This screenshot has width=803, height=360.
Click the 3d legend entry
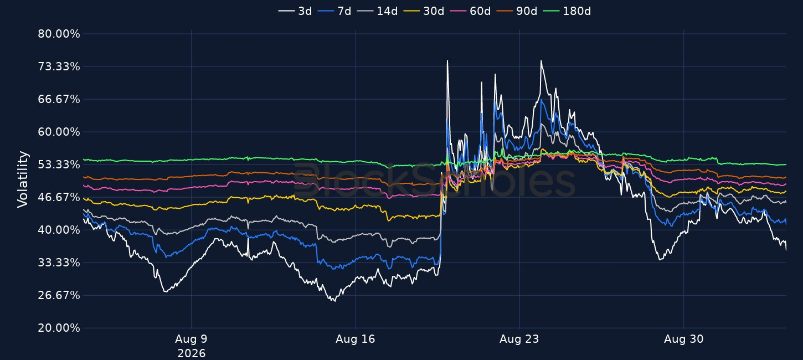pyautogui.click(x=295, y=11)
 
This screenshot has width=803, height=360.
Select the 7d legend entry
pyautogui.click(x=334, y=11)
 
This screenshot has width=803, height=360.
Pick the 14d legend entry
pyautogui.click(x=378, y=11)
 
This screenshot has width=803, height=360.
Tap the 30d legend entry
pyautogui.click(x=424, y=11)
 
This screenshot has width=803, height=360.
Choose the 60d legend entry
pyautogui.click(x=470, y=11)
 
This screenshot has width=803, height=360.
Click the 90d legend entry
pyautogui.click(x=517, y=11)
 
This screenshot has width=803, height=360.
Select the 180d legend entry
pyautogui.click(x=567, y=11)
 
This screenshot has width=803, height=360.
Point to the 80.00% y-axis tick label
pyautogui.click(x=59, y=34)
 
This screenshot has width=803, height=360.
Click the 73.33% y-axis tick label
pyautogui.click(x=59, y=66)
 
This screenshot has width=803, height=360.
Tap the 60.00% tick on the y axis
pyautogui.click(x=59, y=132)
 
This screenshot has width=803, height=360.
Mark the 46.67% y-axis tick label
pyautogui.click(x=59, y=197)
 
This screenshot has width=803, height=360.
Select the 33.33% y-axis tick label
pyautogui.click(x=59, y=263)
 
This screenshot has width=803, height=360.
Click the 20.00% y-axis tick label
pyautogui.click(x=59, y=328)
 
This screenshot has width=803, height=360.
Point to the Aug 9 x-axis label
pyautogui.click(x=191, y=339)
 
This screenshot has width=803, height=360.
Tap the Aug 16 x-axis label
pyautogui.click(x=355, y=339)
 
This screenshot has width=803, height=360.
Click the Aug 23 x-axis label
pyautogui.click(x=519, y=339)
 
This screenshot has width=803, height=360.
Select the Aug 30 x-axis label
pyautogui.click(x=683, y=339)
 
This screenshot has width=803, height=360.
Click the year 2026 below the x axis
pyautogui.click(x=192, y=353)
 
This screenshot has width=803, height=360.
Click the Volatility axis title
pyautogui.click(x=23, y=179)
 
